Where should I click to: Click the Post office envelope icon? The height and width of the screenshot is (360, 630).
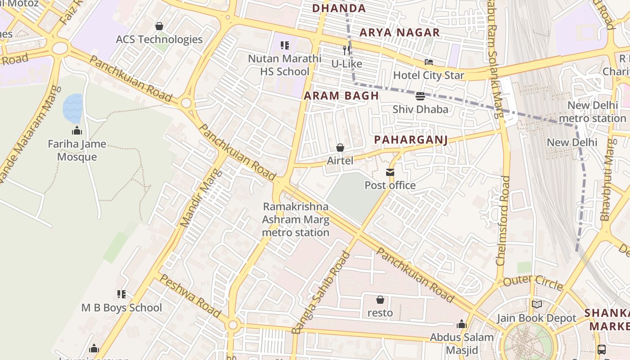click(390, 172)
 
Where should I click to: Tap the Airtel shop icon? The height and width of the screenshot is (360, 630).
click(340, 148)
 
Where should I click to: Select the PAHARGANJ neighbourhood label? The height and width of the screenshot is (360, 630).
click(411, 140)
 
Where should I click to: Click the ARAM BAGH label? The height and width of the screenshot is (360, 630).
click(341, 96)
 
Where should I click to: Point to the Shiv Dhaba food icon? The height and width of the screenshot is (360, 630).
click(420, 96)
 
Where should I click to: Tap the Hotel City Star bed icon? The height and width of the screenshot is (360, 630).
click(429, 62)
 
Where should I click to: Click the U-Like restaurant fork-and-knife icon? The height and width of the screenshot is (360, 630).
click(346, 50)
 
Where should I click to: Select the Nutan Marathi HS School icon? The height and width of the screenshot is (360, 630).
click(285, 45)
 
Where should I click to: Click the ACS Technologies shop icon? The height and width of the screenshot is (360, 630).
click(159, 26)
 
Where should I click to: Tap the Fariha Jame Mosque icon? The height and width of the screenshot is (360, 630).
click(77, 131)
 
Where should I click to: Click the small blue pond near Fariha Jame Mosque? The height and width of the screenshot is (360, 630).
click(72, 108)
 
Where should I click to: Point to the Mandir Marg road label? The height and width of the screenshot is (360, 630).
click(201, 198)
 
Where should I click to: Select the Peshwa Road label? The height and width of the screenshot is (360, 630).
click(190, 296)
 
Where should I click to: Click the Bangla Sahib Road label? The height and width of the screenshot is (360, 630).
click(321, 293)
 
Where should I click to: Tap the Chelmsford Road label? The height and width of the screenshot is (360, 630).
click(503, 220)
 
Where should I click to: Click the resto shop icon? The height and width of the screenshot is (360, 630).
click(380, 300)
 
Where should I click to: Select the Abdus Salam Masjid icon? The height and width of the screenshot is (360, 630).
click(462, 324)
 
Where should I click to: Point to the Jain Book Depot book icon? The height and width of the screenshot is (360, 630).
click(536, 305)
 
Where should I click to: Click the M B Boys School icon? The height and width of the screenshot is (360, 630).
click(121, 294)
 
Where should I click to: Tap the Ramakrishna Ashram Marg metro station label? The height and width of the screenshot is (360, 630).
click(296, 220)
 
